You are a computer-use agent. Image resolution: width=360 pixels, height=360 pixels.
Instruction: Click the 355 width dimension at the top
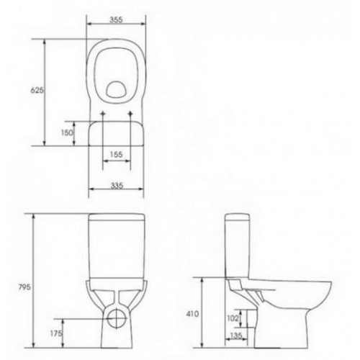[x=117, y=21]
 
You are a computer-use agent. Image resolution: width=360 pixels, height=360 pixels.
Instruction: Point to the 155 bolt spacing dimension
[x=118, y=154]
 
